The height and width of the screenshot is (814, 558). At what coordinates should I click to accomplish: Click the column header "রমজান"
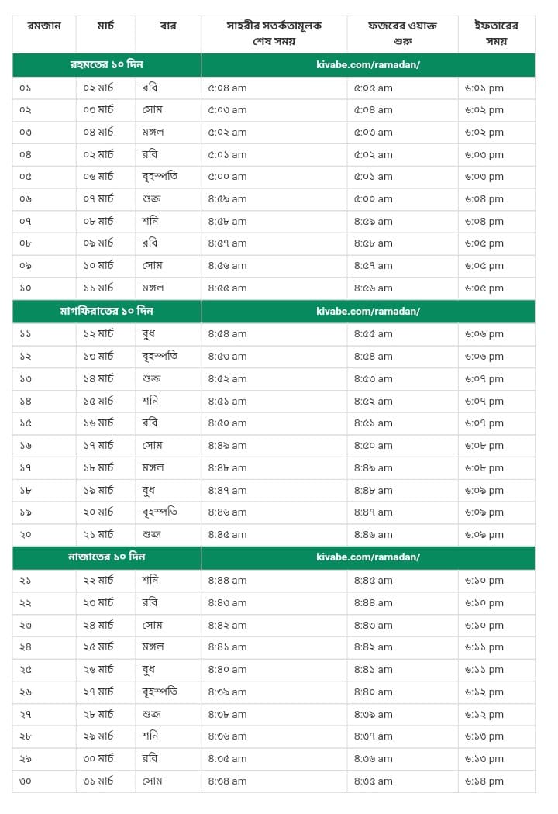pyautogui.click(x=44, y=26)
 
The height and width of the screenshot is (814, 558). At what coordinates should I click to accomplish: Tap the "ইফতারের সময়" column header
pyautogui.click(x=497, y=33)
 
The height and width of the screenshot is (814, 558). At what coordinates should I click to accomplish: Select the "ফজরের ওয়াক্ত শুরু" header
pyautogui.click(x=402, y=33)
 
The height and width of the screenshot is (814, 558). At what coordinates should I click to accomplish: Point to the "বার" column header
pyautogui.click(x=167, y=26)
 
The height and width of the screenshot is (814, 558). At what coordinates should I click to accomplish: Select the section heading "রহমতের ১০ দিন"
pyautogui.click(x=107, y=64)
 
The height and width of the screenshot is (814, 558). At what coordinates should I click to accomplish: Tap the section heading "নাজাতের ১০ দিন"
pyautogui.click(x=107, y=557)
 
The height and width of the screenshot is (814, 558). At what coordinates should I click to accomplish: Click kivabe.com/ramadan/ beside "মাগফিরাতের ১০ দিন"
pyautogui.click(x=368, y=312)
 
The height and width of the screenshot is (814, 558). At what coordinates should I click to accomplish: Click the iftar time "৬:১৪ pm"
pyautogui.click(x=484, y=781)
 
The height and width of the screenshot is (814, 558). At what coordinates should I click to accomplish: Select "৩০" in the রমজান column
pyautogui.click(x=26, y=781)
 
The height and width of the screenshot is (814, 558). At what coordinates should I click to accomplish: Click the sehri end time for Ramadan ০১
pyautogui.click(x=227, y=88)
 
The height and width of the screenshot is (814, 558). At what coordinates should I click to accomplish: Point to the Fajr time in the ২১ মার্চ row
pyautogui.click(x=374, y=535)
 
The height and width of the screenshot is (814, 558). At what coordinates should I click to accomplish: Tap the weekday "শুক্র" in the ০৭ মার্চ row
pyautogui.click(x=152, y=199)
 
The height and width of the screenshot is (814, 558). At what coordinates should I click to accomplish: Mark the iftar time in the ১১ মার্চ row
pyautogui.click(x=484, y=288)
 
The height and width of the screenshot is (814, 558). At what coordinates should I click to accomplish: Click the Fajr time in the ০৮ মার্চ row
pyautogui.click(x=374, y=222)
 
